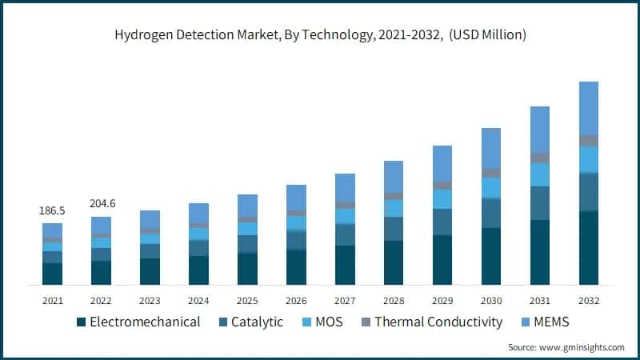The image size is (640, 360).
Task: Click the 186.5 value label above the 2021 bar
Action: [53, 211]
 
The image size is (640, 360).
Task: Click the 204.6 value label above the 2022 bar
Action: [102, 204]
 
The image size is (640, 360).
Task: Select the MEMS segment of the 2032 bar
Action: [589, 108]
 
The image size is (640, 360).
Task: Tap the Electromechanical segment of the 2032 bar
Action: [589, 248]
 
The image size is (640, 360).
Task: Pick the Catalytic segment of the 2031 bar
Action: [540, 203]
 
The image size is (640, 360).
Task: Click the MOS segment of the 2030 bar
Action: [491, 187]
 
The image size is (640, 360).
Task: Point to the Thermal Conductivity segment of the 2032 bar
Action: [589, 141]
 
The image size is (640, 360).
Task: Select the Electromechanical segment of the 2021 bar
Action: [53, 274]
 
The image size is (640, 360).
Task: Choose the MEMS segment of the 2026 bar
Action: [297, 198]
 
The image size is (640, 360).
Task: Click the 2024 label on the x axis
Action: [198, 301]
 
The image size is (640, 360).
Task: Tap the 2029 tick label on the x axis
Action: [442, 301]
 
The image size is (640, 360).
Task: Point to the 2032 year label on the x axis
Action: [589, 301]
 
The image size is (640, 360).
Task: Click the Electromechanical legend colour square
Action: [81, 322]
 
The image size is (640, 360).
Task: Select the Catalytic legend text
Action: [257, 322]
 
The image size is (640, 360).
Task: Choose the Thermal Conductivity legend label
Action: [438, 322]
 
